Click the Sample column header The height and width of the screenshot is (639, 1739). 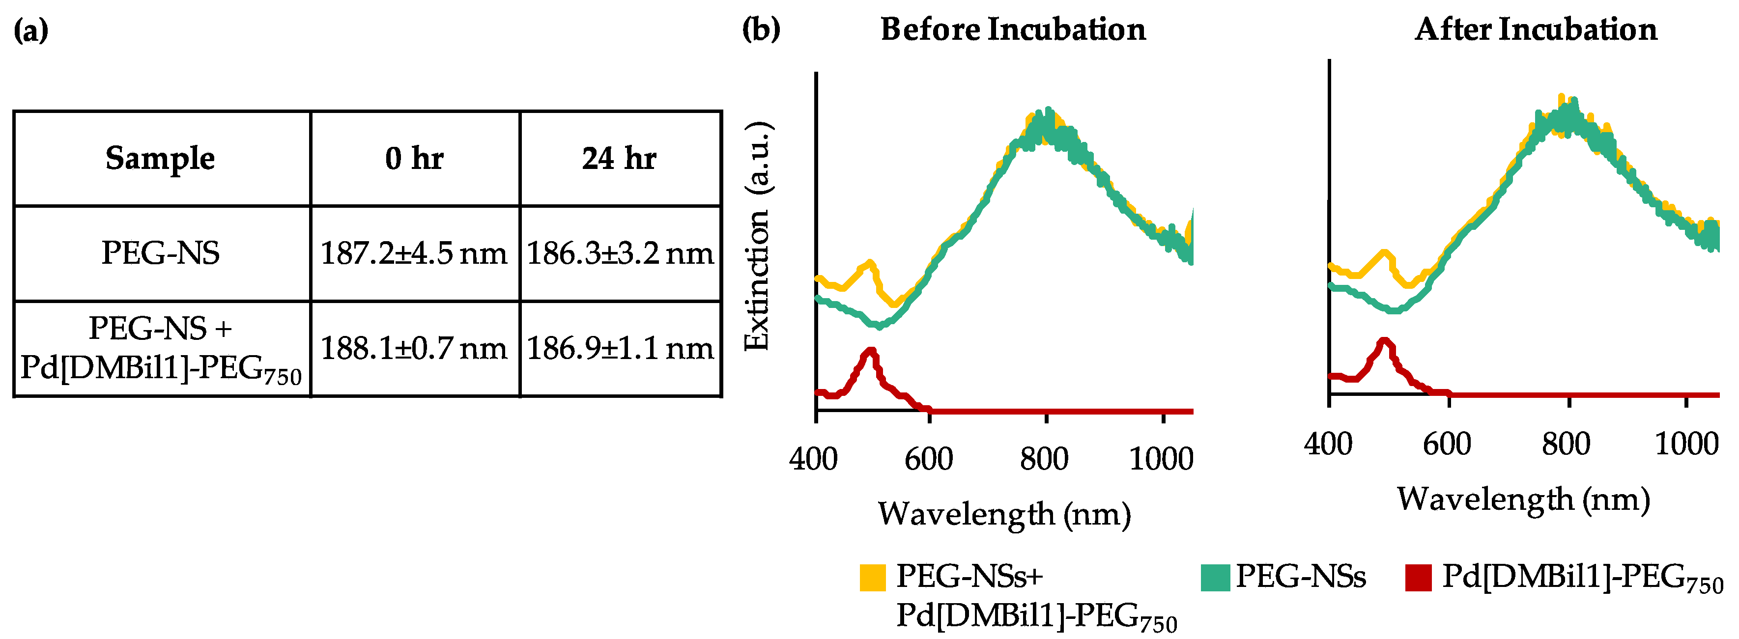click(160, 159)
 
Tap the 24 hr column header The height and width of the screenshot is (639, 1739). click(619, 159)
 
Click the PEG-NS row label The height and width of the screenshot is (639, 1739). click(160, 253)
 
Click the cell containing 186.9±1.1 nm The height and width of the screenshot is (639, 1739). click(620, 348)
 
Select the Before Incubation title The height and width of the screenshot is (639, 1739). click(1013, 29)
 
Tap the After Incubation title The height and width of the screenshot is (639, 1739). click(1535, 29)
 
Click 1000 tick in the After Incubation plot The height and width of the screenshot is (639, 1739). click(1685, 444)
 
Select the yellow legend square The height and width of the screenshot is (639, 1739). click(872, 578)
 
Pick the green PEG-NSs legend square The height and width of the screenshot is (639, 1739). click(1215, 578)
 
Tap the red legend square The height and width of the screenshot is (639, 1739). click(1418, 578)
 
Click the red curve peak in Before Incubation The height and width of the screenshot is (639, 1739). click(871, 351)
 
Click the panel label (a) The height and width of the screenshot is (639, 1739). click(31, 29)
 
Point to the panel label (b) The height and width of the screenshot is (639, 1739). click(761, 29)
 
